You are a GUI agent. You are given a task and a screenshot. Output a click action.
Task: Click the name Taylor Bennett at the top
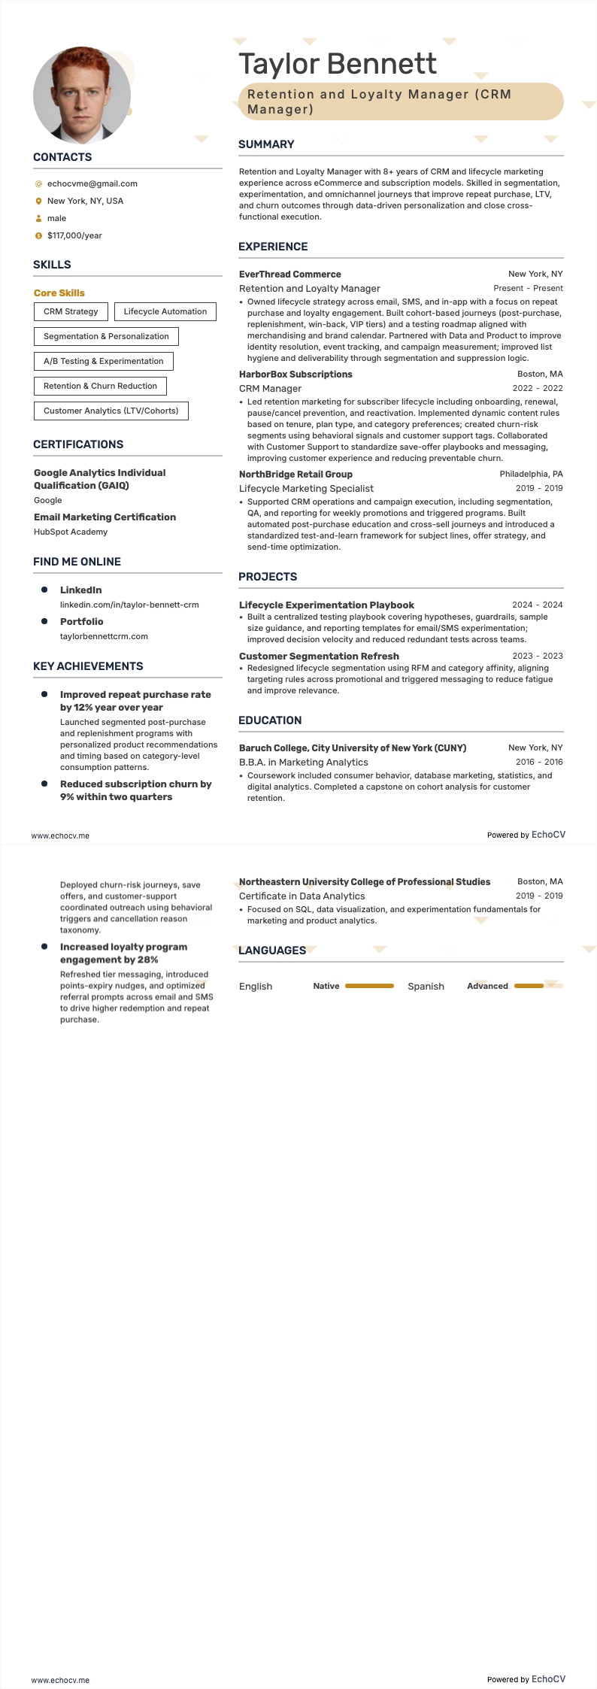click(337, 64)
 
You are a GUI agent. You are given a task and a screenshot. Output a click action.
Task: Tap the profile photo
click(82, 96)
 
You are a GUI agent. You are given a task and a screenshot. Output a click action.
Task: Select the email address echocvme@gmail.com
click(92, 183)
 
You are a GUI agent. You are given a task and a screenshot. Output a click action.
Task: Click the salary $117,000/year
click(74, 235)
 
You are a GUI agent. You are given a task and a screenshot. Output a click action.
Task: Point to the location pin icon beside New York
click(39, 202)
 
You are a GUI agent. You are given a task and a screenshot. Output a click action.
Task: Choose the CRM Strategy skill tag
click(71, 311)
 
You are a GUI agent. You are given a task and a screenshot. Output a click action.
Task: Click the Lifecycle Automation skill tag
click(165, 311)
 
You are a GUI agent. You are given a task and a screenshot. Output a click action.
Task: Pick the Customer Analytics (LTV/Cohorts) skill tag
click(111, 411)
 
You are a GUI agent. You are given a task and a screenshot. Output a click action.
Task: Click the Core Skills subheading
click(59, 293)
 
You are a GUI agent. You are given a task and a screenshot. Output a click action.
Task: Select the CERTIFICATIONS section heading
click(78, 444)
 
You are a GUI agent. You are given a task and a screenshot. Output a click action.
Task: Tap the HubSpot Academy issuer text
click(71, 532)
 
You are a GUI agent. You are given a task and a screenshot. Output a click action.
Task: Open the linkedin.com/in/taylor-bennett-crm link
click(129, 605)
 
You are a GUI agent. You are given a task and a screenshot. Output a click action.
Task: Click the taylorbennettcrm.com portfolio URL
click(104, 636)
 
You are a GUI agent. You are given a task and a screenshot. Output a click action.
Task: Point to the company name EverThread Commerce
click(289, 274)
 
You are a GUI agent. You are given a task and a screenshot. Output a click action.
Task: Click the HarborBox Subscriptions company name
click(295, 374)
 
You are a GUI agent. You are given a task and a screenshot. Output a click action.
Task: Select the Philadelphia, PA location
click(531, 475)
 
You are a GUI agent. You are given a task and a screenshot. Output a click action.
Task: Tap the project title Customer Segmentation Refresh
click(319, 656)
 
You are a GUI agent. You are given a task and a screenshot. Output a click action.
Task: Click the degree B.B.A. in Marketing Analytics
click(303, 762)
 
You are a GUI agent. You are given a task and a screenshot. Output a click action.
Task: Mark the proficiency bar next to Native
click(369, 986)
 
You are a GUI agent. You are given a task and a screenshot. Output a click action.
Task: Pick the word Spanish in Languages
click(426, 987)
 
